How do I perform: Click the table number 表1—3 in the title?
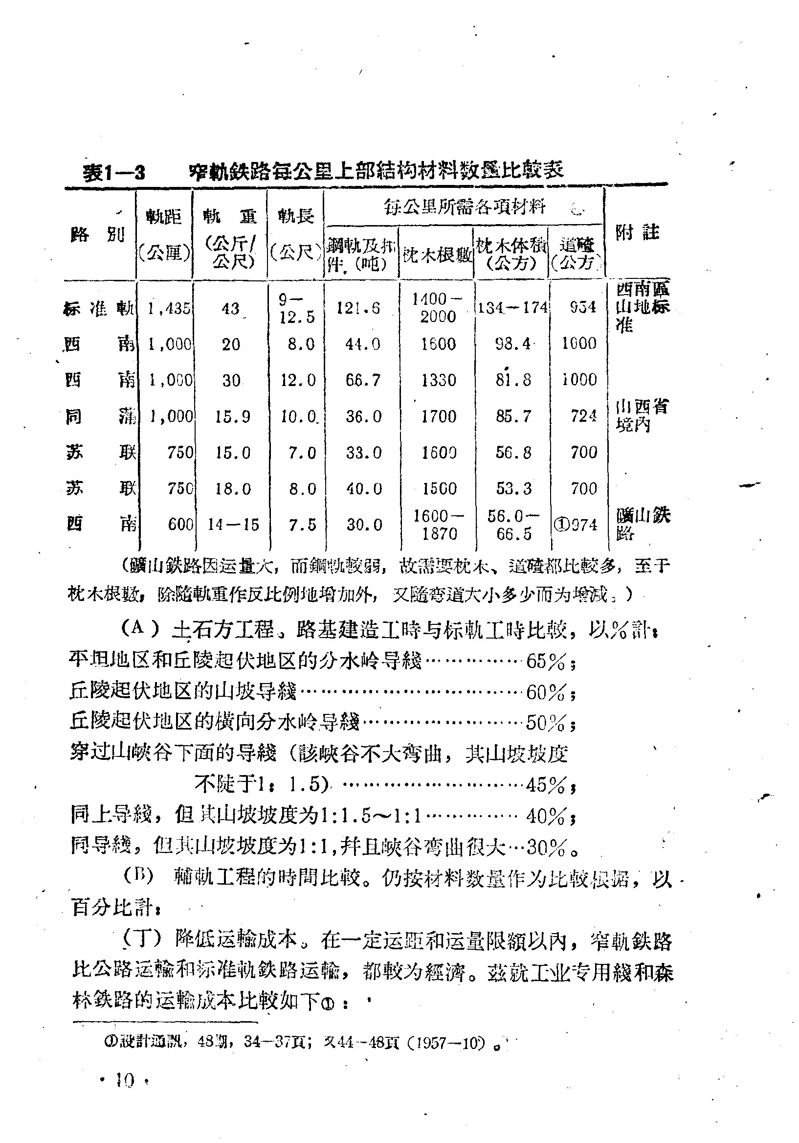tap(114, 172)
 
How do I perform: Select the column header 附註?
tap(637, 233)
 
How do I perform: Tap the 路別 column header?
tap(98, 234)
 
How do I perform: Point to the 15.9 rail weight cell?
tap(232, 416)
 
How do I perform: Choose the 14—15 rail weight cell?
tap(233, 525)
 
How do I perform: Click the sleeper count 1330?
tap(438, 380)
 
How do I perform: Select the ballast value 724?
tap(583, 416)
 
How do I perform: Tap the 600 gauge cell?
tap(180, 524)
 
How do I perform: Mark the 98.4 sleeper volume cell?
tap(513, 344)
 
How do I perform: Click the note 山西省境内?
tap(641, 416)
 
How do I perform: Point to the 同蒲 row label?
tap(101, 416)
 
